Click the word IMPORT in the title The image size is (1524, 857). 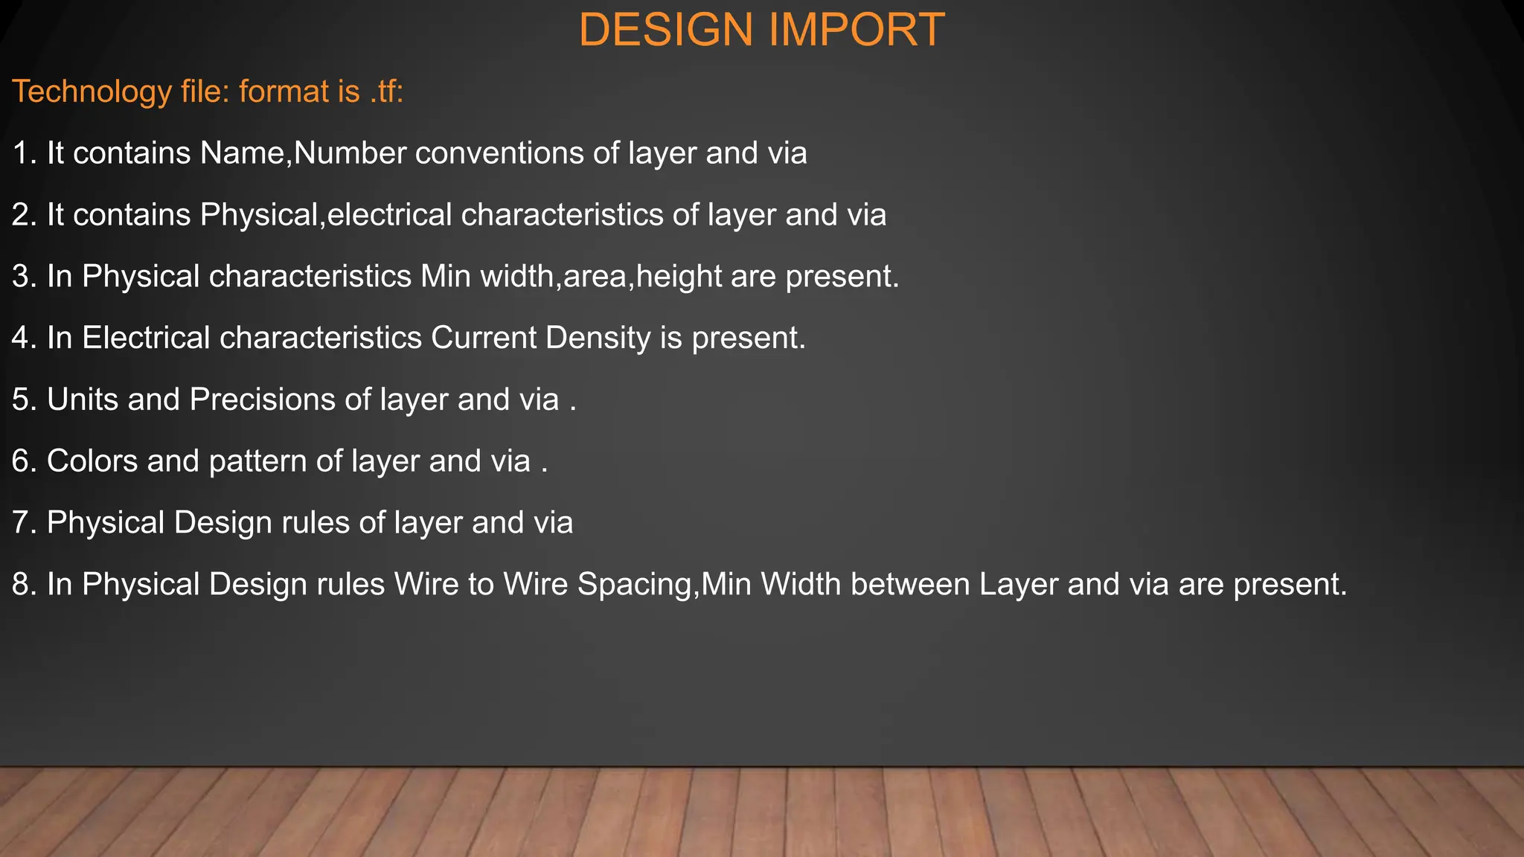coord(857,31)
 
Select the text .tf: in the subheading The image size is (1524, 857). coord(386,92)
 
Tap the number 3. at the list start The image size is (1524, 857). coord(25,277)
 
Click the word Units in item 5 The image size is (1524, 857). coord(83,399)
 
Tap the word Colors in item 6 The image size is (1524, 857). coord(92,461)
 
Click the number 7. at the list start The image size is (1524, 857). coord(25,523)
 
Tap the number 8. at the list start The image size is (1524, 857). coord(25,585)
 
